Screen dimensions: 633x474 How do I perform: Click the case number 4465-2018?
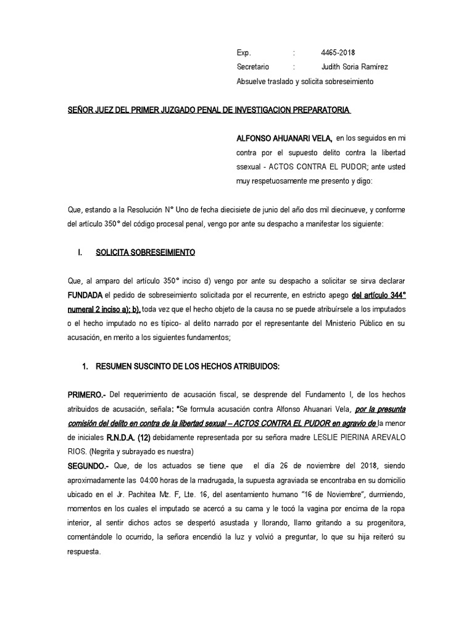point(338,53)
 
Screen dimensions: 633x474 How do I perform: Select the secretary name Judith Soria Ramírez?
point(355,67)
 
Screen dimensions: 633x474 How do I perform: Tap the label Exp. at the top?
point(244,53)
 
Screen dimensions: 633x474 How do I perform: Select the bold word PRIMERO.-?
point(88,394)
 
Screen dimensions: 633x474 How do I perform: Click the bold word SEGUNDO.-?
point(89,464)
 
